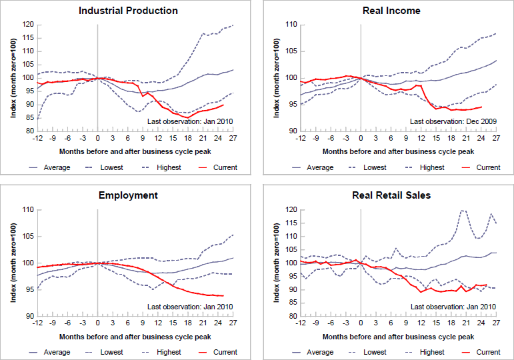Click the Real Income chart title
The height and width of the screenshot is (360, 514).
391,11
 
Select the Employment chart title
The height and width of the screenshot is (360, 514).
128,195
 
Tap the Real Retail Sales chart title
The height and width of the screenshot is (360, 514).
391,195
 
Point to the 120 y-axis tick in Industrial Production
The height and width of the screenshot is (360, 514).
27,25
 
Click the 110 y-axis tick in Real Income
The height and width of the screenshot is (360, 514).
290,25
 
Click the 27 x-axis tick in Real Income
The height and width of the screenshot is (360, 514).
496,139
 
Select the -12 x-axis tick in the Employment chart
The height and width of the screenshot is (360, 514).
37,324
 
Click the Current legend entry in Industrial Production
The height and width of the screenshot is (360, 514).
225,167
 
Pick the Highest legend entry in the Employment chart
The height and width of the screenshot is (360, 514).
169,352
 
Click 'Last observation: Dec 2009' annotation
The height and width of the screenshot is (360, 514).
452,121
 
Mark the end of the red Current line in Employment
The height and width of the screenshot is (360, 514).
223,295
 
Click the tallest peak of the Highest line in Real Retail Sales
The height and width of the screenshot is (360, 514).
462,211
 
